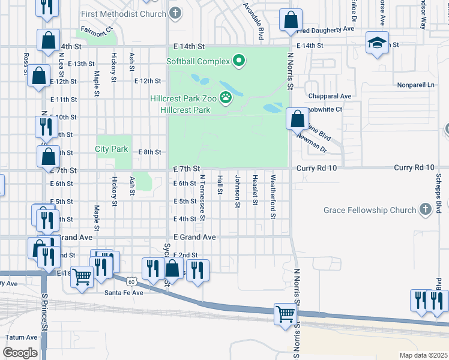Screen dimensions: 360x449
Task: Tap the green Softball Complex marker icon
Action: (x=239, y=61)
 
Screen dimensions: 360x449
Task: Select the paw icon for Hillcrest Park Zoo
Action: (x=226, y=97)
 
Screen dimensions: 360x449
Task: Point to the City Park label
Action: (x=112, y=149)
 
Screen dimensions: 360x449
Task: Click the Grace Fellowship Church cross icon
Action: (x=426, y=209)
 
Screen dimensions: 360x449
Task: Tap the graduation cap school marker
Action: (x=377, y=43)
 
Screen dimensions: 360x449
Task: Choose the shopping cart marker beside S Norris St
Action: (x=285, y=313)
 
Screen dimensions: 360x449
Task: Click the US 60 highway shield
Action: (x=131, y=280)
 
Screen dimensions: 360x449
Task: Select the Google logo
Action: (x=20, y=353)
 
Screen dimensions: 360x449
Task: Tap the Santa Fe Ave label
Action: (x=124, y=293)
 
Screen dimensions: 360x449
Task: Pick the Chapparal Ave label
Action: (x=329, y=96)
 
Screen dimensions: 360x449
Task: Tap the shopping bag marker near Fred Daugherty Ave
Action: (x=291, y=20)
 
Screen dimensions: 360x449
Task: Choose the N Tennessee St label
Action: (x=203, y=198)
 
